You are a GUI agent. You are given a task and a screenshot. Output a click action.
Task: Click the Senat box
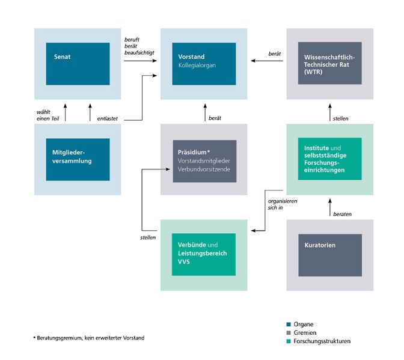[78, 63]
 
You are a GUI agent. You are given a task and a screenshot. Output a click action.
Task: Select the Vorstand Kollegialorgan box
[203, 63]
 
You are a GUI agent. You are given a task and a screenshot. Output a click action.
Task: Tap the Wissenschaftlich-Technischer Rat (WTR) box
[329, 63]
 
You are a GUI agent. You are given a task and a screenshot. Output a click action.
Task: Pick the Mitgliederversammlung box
[78, 159]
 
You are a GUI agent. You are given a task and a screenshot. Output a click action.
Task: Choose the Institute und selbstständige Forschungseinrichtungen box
[329, 159]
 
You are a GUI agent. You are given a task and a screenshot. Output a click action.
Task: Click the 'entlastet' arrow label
[108, 118]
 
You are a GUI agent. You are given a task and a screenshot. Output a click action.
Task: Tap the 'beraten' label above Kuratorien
[341, 214]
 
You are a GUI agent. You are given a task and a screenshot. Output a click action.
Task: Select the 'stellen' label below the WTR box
[340, 118]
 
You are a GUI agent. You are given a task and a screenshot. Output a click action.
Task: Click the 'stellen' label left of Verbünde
[147, 237]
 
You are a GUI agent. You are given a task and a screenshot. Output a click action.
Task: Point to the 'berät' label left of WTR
[275, 54]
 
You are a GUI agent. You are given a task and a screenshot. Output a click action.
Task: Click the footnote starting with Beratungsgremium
[89, 338]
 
